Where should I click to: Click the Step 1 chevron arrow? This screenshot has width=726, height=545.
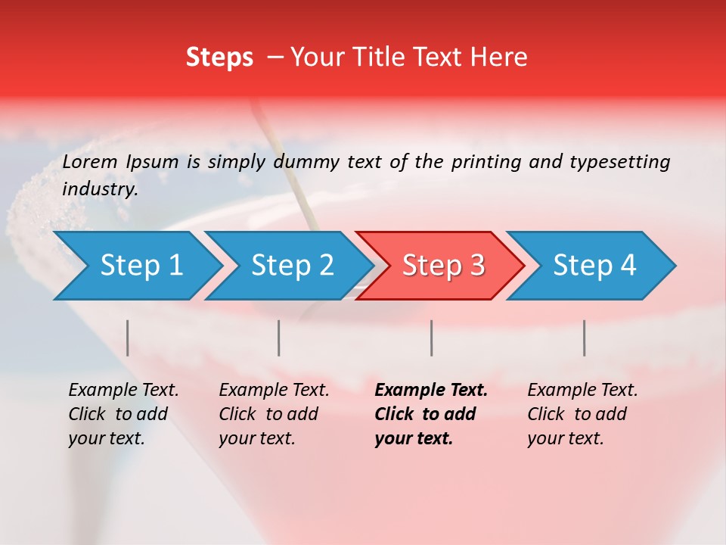coord(136,266)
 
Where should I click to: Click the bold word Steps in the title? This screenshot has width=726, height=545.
coord(219,58)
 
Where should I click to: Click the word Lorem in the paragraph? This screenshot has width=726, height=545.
coord(90,161)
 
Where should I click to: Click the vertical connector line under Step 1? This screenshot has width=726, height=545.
coord(128,338)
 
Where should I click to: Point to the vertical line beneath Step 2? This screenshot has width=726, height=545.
coord(279,338)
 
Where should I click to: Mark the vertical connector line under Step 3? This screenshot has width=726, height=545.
coord(432,338)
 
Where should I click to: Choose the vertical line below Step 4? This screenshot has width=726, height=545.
coord(585,338)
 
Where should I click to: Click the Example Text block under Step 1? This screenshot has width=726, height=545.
coord(123,414)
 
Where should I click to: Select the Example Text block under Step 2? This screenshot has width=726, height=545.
coord(273,414)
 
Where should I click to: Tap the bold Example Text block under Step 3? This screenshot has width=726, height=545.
coord(430,414)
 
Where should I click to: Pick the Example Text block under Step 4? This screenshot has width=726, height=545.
coord(582,414)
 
